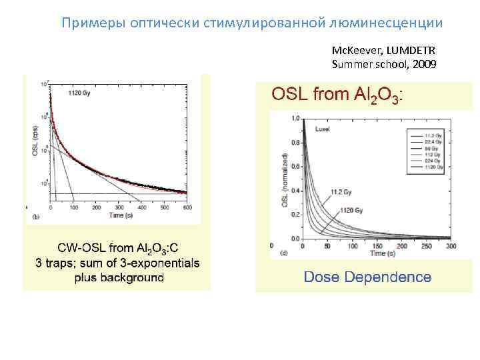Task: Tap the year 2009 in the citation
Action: [x=424, y=64]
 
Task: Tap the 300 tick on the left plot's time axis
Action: [x=119, y=208]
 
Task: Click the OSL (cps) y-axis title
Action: [x=34, y=141]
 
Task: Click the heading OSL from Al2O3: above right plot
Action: [x=336, y=95]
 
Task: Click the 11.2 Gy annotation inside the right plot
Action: [x=341, y=193]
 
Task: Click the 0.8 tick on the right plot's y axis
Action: [x=294, y=141]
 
